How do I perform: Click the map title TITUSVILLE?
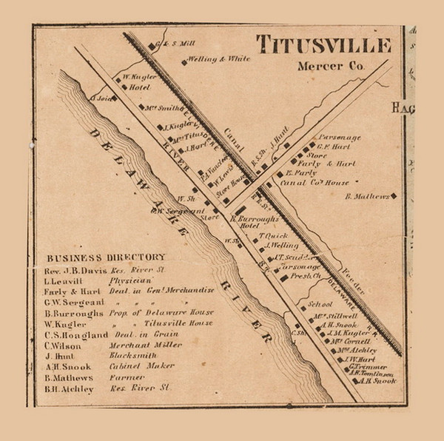[x=323, y=46]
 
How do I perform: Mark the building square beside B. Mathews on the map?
[x=394, y=196]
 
